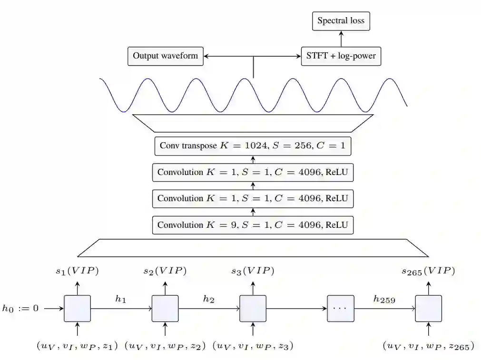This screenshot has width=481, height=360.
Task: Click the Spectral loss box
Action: click(341, 21)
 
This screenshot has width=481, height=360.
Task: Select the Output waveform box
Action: click(166, 56)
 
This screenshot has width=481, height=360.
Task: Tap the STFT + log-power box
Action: click(341, 56)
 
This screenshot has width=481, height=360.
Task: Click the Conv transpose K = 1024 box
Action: click(253, 146)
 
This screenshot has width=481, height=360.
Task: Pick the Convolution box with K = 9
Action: click(253, 224)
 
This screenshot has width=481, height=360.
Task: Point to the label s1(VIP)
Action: click(77, 271)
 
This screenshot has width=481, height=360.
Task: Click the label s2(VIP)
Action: click(165, 271)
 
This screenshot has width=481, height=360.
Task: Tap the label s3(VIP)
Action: click(253, 271)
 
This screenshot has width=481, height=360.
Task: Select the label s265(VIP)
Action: click(428, 271)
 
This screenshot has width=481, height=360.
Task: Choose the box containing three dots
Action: click(341, 309)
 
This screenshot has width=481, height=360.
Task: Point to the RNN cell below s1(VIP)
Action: click(77, 309)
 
